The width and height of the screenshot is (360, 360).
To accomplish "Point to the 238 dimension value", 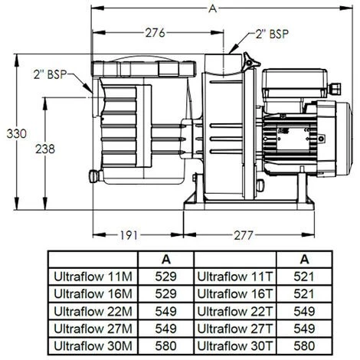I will point(47,150).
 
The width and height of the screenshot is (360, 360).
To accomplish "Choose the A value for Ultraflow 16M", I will point(166,293).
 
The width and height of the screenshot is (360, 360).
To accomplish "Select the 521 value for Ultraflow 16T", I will point(305,293).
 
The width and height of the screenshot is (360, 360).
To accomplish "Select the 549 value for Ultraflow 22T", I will point(305,310).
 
